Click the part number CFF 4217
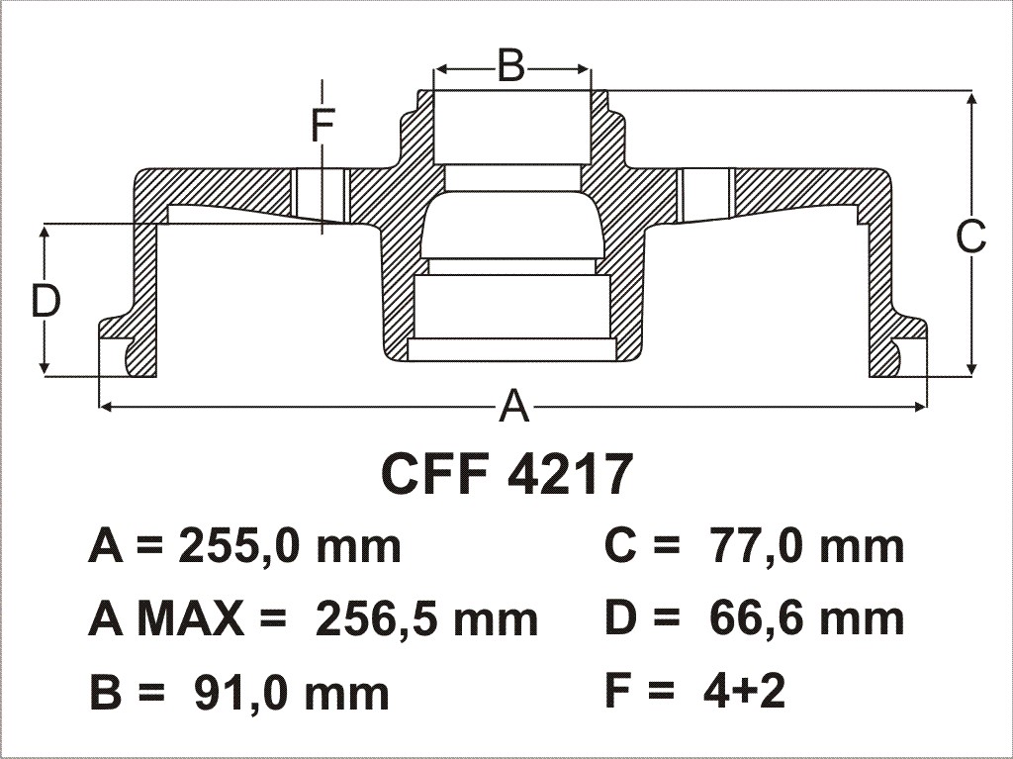[506, 475]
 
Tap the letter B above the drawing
[511, 66]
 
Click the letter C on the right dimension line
[971, 237]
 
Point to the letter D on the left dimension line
[46, 301]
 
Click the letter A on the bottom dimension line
[514, 407]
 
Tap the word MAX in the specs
[191, 618]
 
